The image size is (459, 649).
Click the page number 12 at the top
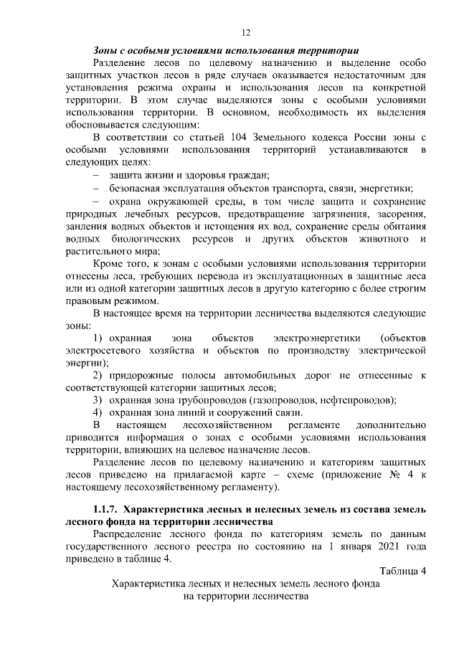click(245, 33)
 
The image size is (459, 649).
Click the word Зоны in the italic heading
click(106, 51)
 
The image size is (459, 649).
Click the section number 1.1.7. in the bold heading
click(103, 508)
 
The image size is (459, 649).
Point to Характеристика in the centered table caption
click(151, 584)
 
